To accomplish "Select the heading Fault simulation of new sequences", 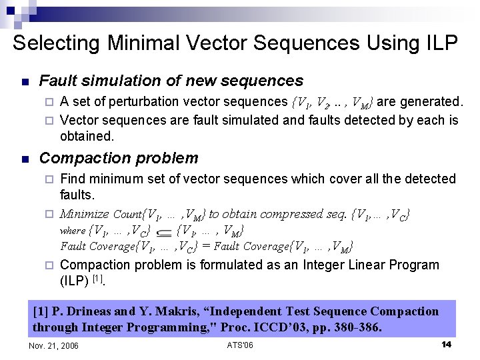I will point(171,81).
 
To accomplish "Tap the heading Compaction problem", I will point(119,158).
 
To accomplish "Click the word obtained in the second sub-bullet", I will point(87,136).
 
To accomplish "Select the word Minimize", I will point(84,214).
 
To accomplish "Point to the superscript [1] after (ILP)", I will point(97,278).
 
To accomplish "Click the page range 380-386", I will point(357,327).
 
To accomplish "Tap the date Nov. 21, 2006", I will point(54,345).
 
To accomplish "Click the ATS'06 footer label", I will point(240,345).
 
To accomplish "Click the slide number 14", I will point(447,345).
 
